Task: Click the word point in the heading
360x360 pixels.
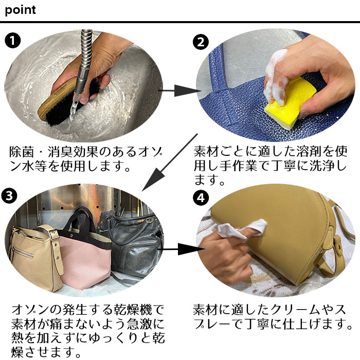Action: click(21, 10)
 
